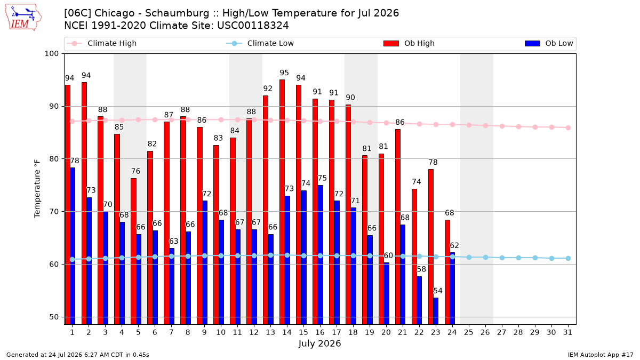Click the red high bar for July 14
click(x=282, y=202)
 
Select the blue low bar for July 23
click(x=436, y=311)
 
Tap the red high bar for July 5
click(x=133, y=251)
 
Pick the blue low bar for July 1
click(x=73, y=246)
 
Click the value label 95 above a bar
click(x=284, y=73)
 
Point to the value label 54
click(x=438, y=291)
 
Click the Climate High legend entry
click(x=101, y=43)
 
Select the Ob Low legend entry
click(x=549, y=43)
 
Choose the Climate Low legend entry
click(x=260, y=43)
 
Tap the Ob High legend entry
click(x=409, y=43)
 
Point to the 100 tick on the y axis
click(x=51, y=54)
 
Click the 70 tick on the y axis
click(x=54, y=212)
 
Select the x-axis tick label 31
click(x=567, y=333)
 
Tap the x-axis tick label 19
click(x=370, y=333)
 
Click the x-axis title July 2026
click(x=319, y=343)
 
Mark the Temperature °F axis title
click(x=37, y=189)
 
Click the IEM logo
click(x=23, y=18)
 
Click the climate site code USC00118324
click(x=253, y=26)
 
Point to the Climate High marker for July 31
click(x=569, y=127)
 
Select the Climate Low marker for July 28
click(x=518, y=258)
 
